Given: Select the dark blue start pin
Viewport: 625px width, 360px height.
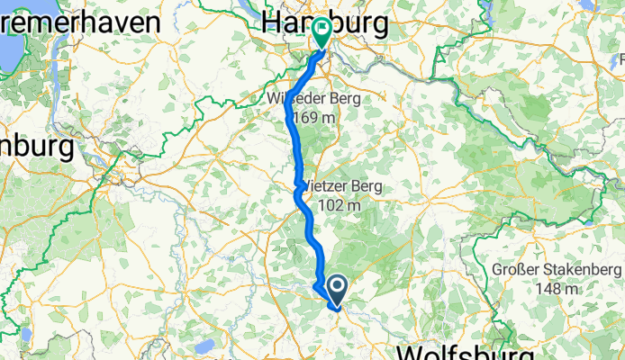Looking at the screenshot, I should pos(338,291).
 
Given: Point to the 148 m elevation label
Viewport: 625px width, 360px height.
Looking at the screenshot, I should pos(557,289).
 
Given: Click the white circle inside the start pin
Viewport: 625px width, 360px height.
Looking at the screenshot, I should pos(338,287).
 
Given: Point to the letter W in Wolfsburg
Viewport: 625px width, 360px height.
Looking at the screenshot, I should pos(413,352).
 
